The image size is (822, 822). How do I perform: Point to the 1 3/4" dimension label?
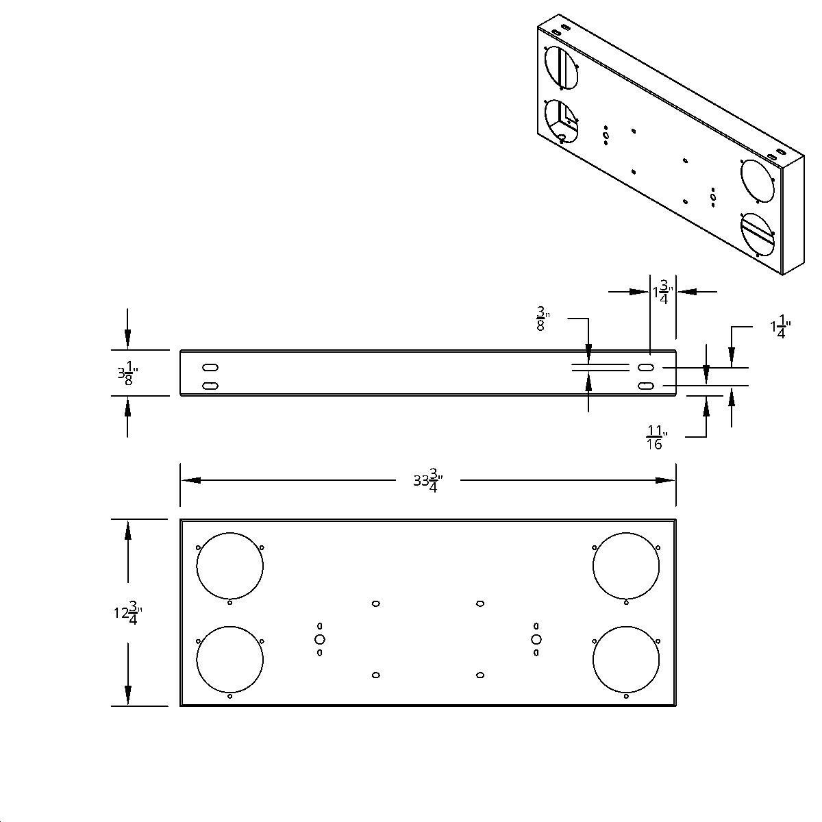(662, 292)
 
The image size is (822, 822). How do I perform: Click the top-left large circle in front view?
(229, 566)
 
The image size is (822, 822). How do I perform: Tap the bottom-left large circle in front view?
(229, 659)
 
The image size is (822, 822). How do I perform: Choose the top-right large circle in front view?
(626, 566)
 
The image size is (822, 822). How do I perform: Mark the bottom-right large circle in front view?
(626, 659)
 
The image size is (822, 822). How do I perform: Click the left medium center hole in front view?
(319, 639)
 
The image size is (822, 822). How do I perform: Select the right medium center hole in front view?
(536, 639)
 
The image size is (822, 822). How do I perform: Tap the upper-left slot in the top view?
(210, 367)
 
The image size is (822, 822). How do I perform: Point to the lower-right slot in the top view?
(645, 386)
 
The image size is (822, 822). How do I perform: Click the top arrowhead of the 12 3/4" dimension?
(127, 530)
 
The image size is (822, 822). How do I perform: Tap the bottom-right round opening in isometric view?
(757, 235)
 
